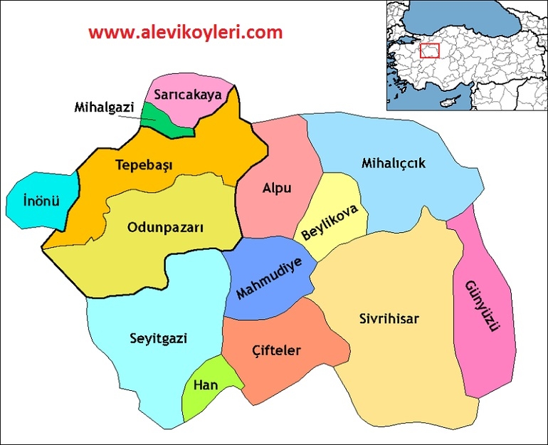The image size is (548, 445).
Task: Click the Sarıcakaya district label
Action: tap(189, 93)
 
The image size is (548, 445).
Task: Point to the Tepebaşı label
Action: tap(144, 165)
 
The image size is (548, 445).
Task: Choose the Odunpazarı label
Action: tap(165, 227)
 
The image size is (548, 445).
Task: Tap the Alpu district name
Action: tap(278, 189)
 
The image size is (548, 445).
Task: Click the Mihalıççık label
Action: tap(394, 163)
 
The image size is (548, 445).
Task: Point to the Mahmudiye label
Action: tap(269, 278)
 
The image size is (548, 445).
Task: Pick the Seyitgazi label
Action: tap(159, 337)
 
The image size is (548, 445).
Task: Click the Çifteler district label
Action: tap(277, 350)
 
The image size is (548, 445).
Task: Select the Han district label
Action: tap(206, 385)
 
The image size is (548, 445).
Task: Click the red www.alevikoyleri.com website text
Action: tap(186, 32)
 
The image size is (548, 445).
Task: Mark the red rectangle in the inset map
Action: tap(429, 51)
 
